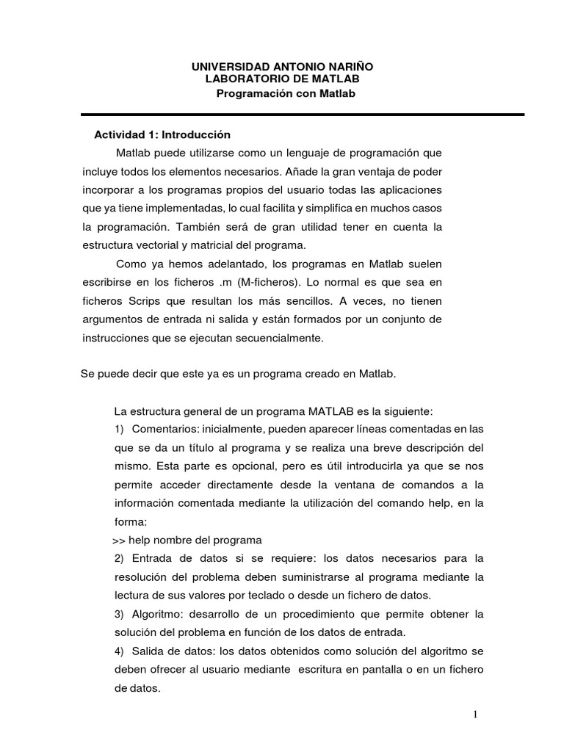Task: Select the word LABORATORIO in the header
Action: pyautogui.click(x=240, y=79)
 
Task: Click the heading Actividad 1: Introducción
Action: pyautogui.click(x=162, y=135)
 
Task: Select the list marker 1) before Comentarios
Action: pyautogui.click(x=120, y=429)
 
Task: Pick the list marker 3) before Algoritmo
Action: pyautogui.click(x=120, y=613)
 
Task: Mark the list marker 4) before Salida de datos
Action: pyautogui.click(x=120, y=651)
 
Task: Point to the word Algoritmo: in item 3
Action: pyautogui.click(x=159, y=613)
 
